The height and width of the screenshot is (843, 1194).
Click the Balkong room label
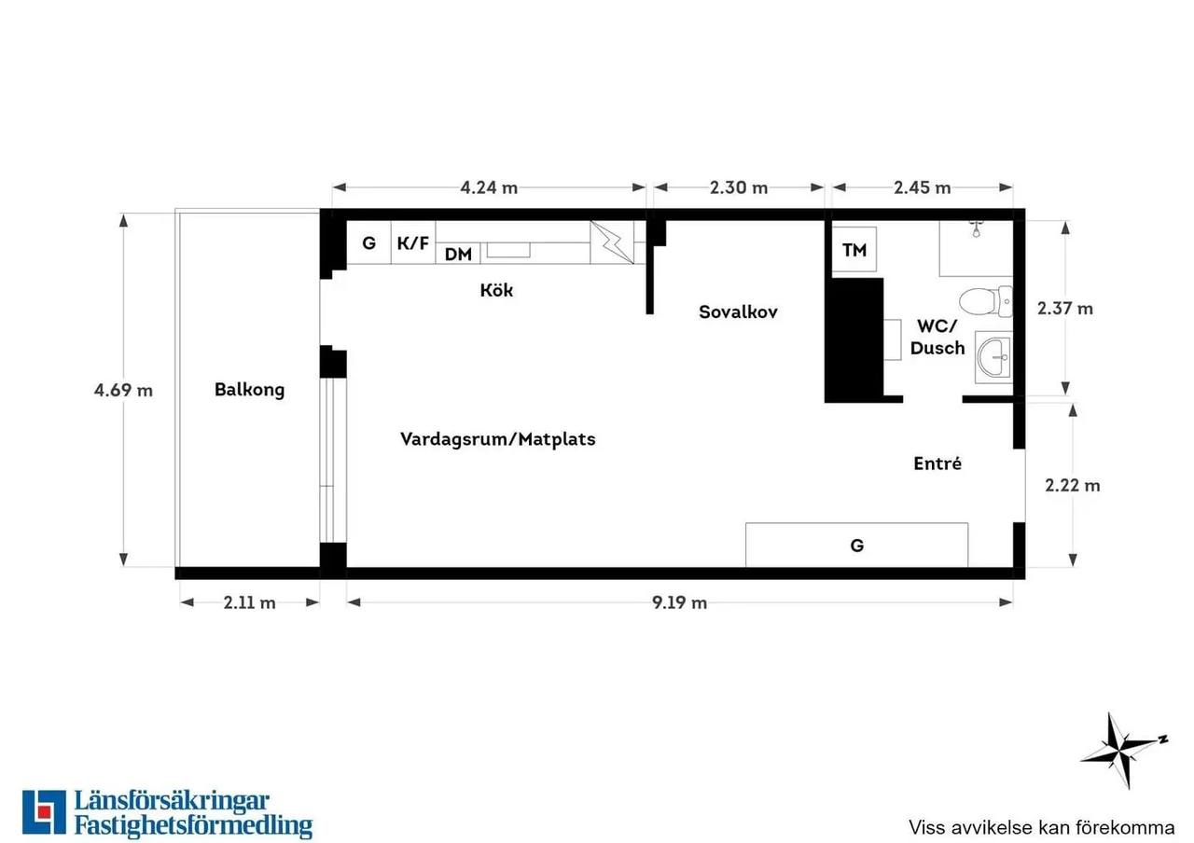[249, 390]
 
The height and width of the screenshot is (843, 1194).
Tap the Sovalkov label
[738, 311]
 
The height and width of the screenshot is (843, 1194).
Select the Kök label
[496, 290]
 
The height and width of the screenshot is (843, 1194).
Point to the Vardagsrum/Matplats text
[498, 439]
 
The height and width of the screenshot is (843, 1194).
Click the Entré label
[937, 463]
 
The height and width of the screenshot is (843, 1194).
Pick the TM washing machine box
[854, 249]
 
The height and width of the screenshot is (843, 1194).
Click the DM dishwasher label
[458, 255]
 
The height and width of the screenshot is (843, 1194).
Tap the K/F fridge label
[413, 243]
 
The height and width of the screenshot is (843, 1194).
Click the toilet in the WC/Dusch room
[986, 301]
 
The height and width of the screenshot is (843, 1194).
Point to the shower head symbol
[976, 229]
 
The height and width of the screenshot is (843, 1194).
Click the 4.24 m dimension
[489, 187]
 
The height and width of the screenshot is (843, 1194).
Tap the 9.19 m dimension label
[680, 602]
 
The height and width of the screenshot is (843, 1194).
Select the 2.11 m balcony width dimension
[249, 602]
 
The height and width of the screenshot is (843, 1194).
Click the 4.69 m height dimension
[123, 390]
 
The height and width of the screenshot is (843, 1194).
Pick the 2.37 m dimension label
[1065, 309]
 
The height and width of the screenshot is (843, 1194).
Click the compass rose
[1124, 750]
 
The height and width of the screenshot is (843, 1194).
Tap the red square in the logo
[44, 811]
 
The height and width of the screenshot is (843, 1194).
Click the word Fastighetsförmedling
[193, 825]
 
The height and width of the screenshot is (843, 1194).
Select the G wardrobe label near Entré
[856, 546]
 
